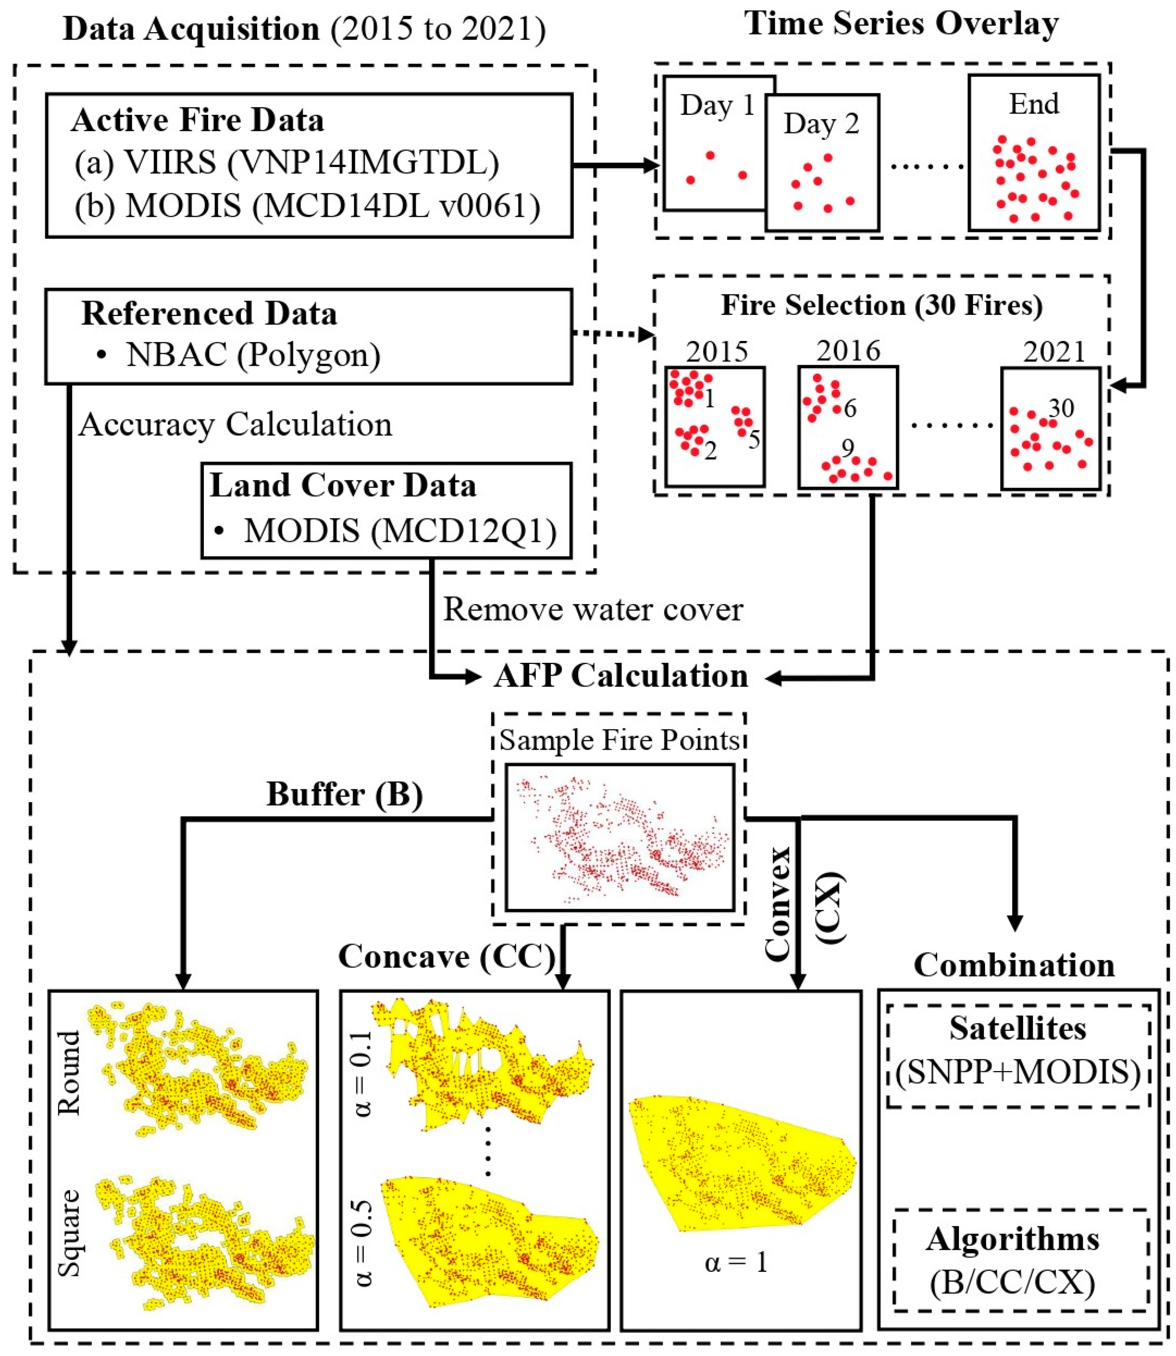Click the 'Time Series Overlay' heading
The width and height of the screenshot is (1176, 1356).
pos(901,24)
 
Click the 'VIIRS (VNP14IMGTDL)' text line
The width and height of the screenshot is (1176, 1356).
pos(286,163)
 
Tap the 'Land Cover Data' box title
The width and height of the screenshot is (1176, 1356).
pos(343,486)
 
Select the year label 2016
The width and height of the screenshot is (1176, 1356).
pos(848,351)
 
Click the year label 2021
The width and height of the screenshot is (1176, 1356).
pos(1054,353)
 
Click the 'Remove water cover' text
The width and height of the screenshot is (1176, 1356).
pos(592,609)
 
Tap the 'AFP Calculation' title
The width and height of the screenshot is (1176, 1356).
pos(621,676)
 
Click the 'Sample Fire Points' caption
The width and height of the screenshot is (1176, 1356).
pos(619,740)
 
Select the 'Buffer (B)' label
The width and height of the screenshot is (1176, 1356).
pos(345,794)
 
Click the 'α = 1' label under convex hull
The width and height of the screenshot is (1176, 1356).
pos(736,1262)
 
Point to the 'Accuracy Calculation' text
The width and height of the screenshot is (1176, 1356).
pos(235,425)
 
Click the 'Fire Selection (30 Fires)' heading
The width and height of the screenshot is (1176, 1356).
pos(882,306)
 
